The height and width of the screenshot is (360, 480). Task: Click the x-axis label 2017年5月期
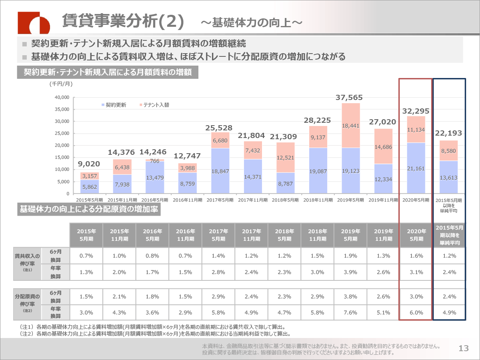(220, 200)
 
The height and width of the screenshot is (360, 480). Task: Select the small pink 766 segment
(155, 160)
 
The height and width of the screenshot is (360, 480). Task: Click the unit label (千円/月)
(61, 84)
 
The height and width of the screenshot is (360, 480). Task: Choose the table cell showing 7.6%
(350, 313)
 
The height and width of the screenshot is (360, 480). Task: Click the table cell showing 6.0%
(416, 313)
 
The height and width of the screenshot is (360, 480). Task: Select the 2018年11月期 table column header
(317, 235)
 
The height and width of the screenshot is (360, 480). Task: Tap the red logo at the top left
(34, 22)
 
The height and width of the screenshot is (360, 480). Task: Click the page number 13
(464, 348)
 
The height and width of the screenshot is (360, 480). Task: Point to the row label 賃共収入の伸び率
(27, 259)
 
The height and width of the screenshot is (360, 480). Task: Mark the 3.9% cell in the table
(350, 272)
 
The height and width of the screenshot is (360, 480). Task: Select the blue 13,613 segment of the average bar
(449, 177)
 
